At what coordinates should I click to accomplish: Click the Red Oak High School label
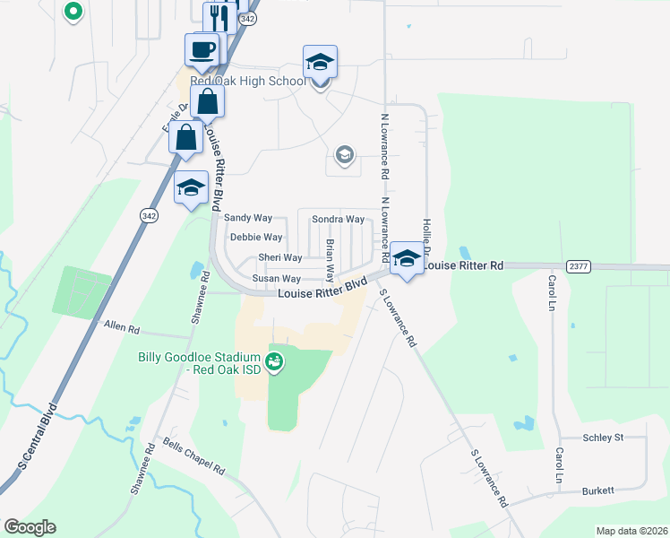(x=248, y=81)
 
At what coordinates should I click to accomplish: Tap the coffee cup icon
(x=202, y=49)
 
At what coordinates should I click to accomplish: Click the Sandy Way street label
(x=248, y=218)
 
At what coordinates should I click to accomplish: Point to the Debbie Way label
(x=256, y=238)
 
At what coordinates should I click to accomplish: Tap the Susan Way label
(x=276, y=279)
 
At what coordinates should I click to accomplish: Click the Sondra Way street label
(x=338, y=220)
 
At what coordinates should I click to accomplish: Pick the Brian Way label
(x=330, y=259)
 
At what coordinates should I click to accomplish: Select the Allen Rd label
(x=123, y=328)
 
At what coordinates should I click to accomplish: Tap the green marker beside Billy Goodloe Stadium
(x=275, y=363)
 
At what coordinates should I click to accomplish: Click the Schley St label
(x=602, y=438)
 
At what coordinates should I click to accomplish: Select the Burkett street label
(x=597, y=490)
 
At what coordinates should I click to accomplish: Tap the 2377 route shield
(x=579, y=266)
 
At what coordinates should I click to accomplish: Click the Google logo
(x=30, y=527)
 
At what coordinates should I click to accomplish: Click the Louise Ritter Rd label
(x=464, y=266)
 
